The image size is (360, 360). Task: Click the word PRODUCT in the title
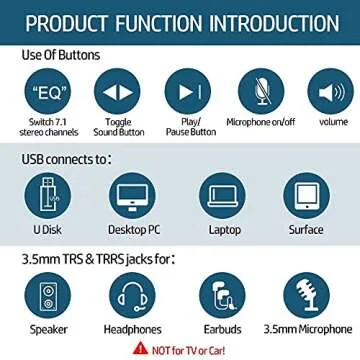coord(63,23)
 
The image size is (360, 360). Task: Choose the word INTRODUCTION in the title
coord(275,23)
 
